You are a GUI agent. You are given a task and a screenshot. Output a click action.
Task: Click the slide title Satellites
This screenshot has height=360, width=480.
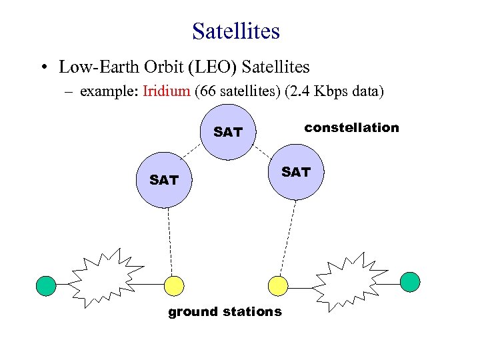pyautogui.click(x=236, y=31)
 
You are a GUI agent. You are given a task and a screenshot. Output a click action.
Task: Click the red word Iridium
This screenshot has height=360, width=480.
pyautogui.click(x=166, y=91)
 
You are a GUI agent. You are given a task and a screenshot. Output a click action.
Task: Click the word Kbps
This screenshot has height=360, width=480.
pyautogui.click(x=331, y=91)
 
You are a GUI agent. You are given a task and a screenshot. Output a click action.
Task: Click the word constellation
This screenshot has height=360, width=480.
pyautogui.click(x=351, y=127)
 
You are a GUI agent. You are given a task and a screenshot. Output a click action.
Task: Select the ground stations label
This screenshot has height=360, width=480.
pyautogui.click(x=225, y=311)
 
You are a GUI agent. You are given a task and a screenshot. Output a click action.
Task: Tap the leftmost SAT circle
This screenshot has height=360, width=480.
pyautogui.click(x=163, y=180)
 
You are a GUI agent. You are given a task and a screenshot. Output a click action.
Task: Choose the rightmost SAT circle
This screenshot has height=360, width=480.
pyautogui.click(x=295, y=173)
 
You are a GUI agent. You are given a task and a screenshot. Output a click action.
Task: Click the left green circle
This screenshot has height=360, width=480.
pyautogui.click(x=46, y=285)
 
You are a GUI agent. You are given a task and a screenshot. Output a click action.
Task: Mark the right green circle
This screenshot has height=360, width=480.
pyautogui.click(x=410, y=282)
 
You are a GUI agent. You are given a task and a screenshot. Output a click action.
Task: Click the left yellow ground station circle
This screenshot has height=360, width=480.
pyautogui.click(x=174, y=285)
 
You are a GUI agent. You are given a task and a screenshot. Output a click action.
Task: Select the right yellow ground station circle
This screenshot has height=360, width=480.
pyautogui.click(x=277, y=286)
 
